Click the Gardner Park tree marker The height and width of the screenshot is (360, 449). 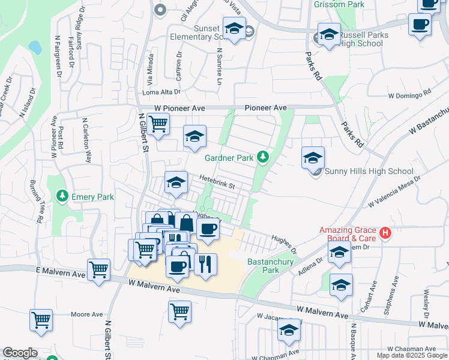262,157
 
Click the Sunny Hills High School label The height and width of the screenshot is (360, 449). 367,172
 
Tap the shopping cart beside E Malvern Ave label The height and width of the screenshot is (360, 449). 98,269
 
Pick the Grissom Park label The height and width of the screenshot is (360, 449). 339,4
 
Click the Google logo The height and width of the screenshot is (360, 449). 20,353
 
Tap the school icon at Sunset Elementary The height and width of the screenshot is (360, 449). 234,28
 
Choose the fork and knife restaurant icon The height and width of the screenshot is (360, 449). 205,263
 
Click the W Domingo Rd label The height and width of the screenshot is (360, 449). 410,95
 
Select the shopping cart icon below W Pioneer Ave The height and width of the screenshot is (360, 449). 158,124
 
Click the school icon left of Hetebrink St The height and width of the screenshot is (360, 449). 176,182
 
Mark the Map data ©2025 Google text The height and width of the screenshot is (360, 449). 411,355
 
